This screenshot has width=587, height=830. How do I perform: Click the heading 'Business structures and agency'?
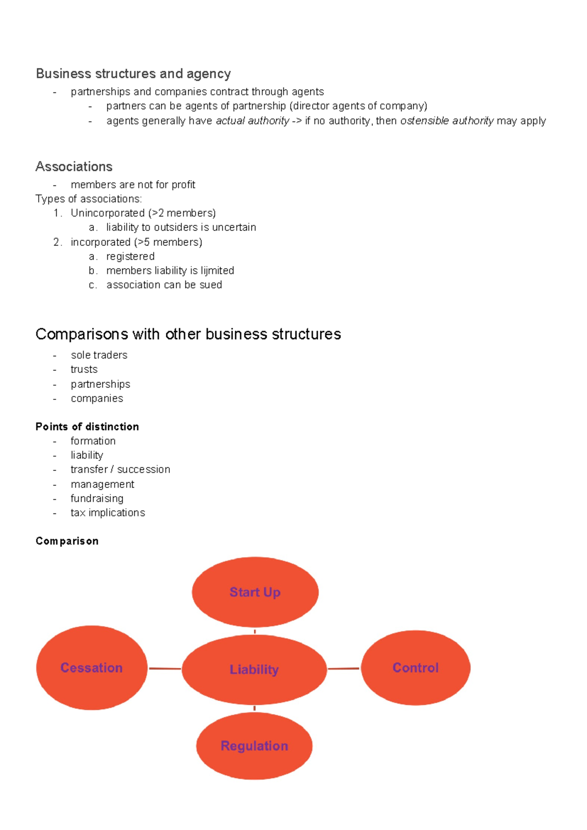(133, 73)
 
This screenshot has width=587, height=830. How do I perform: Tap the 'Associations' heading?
(74, 166)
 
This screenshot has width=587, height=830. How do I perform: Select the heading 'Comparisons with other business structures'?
(188, 334)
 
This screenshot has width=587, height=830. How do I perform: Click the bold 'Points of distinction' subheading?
(87, 426)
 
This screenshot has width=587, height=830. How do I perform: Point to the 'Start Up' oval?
(255, 592)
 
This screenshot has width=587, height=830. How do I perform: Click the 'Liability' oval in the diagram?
(254, 669)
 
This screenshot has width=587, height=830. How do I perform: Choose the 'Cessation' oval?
(91, 668)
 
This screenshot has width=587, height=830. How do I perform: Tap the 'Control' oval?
(415, 668)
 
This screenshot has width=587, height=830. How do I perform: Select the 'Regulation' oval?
(254, 745)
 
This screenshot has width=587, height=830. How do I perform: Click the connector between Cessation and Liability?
(165, 668)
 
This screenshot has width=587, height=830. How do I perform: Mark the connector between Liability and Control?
(343, 668)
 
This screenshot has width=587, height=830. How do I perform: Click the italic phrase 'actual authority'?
(252, 120)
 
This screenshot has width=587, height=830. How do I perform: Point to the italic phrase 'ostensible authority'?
(447, 120)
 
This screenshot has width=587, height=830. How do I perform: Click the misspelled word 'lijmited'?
(217, 270)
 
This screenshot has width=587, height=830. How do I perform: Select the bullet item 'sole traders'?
(99, 355)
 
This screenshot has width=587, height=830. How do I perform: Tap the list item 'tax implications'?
(108, 512)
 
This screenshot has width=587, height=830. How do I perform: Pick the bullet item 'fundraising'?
(97, 498)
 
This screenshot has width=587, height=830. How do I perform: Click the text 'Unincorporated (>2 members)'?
(143, 213)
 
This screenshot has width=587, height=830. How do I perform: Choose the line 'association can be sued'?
(164, 284)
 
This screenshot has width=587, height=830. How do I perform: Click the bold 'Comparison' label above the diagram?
(67, 541)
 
